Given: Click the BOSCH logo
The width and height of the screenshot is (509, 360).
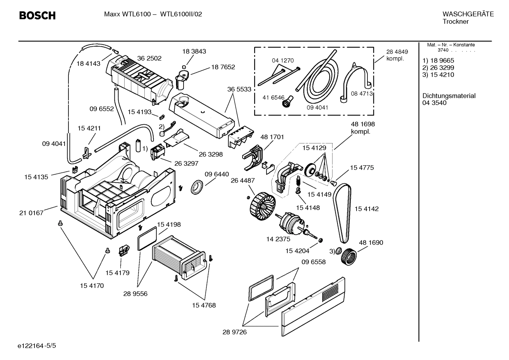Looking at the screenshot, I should pyautogui.click(x=37, y=16).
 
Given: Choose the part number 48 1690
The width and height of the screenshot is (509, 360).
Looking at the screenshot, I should pyautogui.click(x=371, y=243).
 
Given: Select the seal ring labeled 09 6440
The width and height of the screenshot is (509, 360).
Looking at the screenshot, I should pyautogui.click(x=197, y=186).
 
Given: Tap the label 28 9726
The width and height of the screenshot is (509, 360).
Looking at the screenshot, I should pyautogui.click(x=234, y=332).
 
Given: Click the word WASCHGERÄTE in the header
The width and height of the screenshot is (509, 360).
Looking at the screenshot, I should pyautogui.click(x=468, y=14).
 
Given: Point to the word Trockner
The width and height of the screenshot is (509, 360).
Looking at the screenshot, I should pyautogui.click(x=455, y=22).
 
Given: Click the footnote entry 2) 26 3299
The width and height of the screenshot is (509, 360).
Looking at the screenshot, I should pyautogui.click(x=438, y=67).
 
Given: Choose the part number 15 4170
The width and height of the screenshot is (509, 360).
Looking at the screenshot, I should pyautogui.click(x=91, y=285).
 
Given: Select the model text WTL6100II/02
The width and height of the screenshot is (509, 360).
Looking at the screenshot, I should pyautogui.click(x=181, y=14).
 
